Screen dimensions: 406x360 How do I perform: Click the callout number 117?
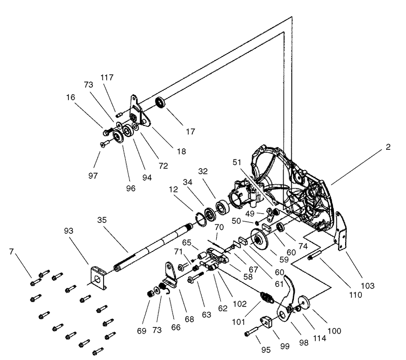(x=107, y=78)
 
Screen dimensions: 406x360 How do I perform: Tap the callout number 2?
(x=388, y=147)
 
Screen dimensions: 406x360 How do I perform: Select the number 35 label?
(x=102, y=220)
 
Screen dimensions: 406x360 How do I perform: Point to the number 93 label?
(x=69, y=231)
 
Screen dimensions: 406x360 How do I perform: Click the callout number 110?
(x=355, y=294)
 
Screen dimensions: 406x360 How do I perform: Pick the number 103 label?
(x=367, y=286)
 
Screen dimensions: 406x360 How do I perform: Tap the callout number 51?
(x=236, y=162)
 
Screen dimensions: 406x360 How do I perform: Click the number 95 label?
(x=265, y=350)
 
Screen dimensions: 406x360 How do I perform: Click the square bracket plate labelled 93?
(x=98, y=278)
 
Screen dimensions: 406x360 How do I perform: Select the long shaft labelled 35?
(x=153, y=248)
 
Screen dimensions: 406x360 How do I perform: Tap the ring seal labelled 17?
(x=160, y=102)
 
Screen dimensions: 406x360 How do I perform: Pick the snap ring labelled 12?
(x=201, y=220)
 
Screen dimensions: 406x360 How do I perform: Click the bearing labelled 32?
(x=222, y=207)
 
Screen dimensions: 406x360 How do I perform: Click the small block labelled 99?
(x=266, y=322)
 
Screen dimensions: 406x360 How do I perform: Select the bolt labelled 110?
(x=315, y=255)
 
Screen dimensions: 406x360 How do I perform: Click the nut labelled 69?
(x=150, y=294)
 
